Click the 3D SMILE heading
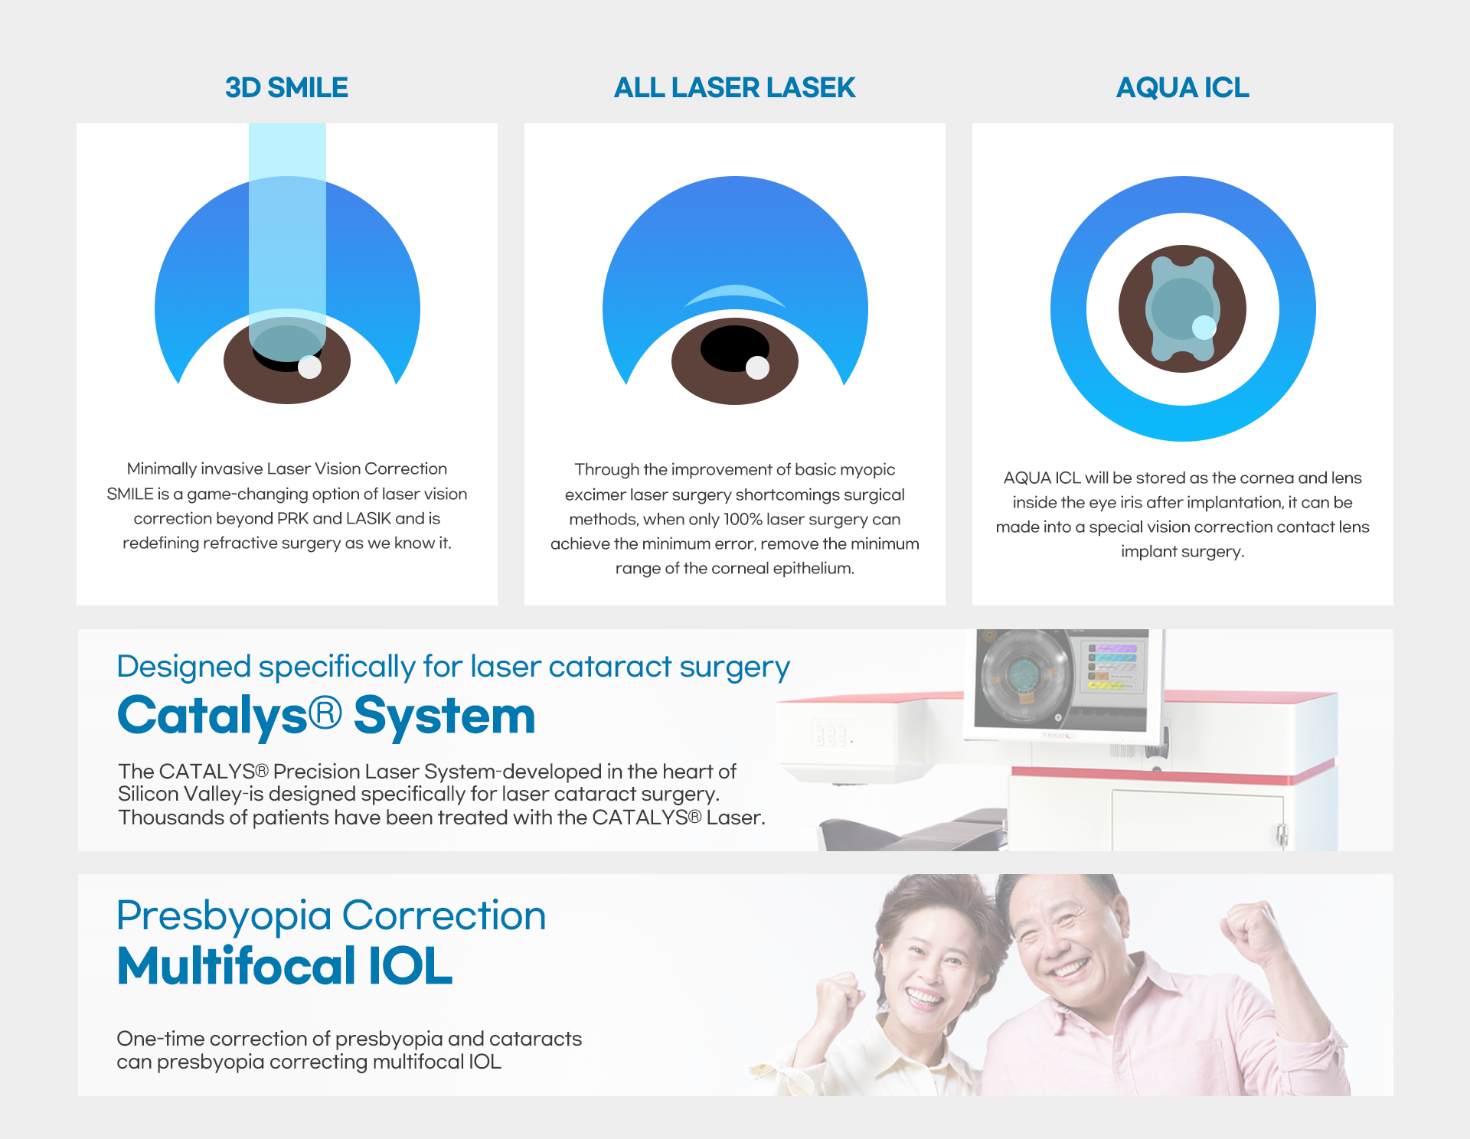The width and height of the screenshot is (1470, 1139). point(286,88)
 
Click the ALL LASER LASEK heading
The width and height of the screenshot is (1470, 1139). point(734,88)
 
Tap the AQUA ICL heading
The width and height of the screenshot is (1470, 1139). point(1182,88)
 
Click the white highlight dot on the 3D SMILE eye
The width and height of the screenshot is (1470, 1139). point(309,367)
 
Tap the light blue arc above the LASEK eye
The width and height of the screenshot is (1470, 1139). point(735,295)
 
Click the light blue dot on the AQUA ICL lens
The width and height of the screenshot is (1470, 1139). point(1204,328)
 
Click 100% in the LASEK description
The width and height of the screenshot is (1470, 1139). point(742,520)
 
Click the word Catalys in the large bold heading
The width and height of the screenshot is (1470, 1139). point(213,716)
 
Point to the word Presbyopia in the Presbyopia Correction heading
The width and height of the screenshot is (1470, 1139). point(224,915)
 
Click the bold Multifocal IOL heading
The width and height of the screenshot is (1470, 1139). point(285,966)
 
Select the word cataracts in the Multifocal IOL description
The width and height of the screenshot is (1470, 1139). point(535,1039)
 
